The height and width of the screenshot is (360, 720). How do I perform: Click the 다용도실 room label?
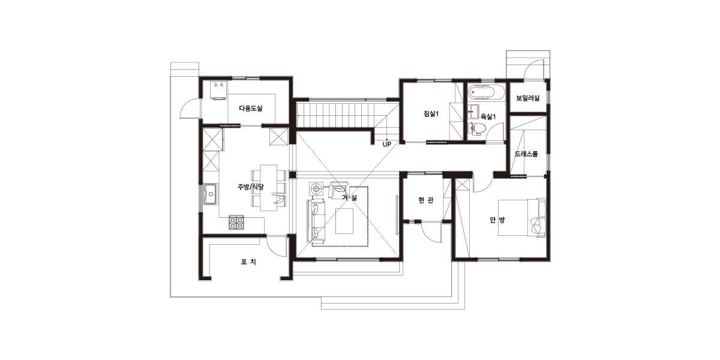pos(251,109)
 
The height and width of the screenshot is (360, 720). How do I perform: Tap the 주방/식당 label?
pos(251,187)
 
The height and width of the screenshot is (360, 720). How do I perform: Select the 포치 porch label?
pos(249,262)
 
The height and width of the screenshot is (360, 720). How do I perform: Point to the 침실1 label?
pos(431,113)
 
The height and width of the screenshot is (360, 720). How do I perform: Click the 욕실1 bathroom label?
pos(488,116)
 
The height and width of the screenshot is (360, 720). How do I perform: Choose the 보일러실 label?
pos(528,98)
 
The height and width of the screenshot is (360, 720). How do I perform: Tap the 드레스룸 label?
pos(526,154)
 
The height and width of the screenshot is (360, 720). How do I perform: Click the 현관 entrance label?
pos(426,200)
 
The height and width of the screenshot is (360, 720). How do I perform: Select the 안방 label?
pos(497,220)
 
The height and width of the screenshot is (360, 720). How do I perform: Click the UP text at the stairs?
pos(387,145)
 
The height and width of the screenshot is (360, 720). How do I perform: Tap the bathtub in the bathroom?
pos(485,92)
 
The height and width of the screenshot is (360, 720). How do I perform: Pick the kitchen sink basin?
pos(211,193)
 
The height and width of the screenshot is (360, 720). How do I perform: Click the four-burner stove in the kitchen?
pos(236,223)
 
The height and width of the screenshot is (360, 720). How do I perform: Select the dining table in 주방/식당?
pos(268,188)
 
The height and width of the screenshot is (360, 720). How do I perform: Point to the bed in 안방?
pos(522,218)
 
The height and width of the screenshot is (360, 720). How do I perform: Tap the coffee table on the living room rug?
pos(344,221)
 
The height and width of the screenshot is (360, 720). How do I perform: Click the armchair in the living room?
pos(338,190)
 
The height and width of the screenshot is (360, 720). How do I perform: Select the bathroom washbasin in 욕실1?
pos(473,110)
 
